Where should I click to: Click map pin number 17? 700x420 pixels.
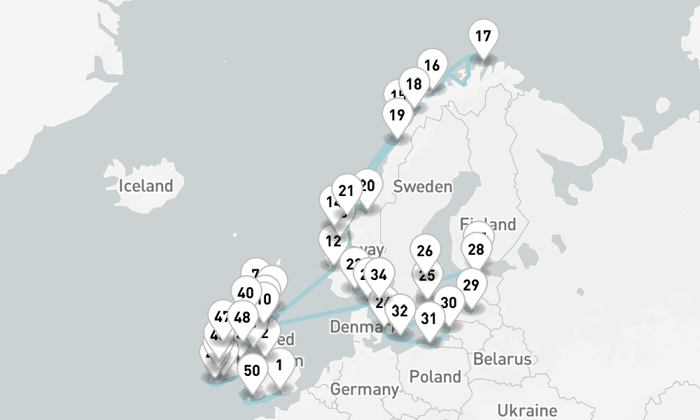click(x=483, y=36)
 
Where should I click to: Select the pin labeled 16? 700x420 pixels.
click(x=432, y=66)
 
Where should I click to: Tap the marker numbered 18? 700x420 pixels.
click(x=414, y=84)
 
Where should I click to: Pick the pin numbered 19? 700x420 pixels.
click(x=397, y=115)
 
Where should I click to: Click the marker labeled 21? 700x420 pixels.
click(x=346, y=190)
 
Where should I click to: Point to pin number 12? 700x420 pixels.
click(x=333, y=241)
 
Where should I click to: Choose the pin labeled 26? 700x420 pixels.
click(x=425, y=251)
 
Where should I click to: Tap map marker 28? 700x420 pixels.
click(x=476, y=249)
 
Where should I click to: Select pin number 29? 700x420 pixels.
click(x=472, y=285)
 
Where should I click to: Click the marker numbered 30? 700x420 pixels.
click(x=449, y=302)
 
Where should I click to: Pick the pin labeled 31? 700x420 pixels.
click(x=428, y=319)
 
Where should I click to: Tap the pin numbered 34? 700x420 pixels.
click(x=379, y=274)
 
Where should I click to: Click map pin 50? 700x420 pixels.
click(x=252, y=370)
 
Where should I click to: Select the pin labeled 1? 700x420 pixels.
click(x=279, y=365)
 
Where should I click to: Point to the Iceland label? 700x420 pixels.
click(x=146, y=186)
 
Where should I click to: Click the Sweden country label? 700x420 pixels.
click(x=423, y=187)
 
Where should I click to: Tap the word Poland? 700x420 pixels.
click(x=435, y=377)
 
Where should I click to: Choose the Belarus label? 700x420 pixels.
click(x=503, y=359)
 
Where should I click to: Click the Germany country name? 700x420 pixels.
click(x=365, y=388)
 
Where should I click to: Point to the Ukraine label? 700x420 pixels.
click(x=527, y=410)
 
